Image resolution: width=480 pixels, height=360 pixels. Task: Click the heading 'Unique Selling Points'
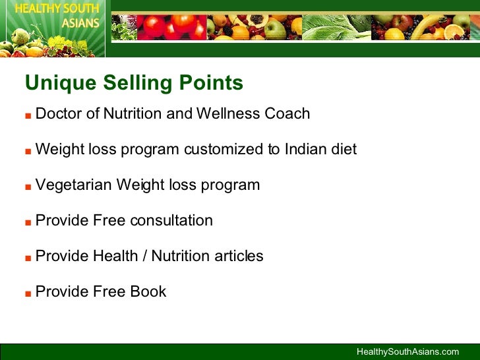tap(134, 84)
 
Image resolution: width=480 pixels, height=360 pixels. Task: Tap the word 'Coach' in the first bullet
tap(287, 113)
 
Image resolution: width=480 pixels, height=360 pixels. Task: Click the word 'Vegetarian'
tap(74, 185)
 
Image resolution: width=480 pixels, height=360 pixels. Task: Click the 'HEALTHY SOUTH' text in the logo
tap(53, 9)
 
